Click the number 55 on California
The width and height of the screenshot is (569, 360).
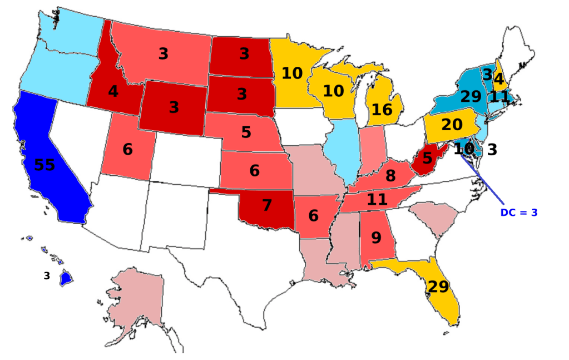[44, 165]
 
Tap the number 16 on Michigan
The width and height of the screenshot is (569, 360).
[382, 110]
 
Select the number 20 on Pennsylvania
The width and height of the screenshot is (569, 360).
[452, 125]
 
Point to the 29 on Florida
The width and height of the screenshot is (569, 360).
[438, 287]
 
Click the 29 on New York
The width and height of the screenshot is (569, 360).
[471, 96]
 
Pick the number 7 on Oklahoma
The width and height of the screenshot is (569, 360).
[267, 205]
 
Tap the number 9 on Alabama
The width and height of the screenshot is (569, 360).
[376, 238]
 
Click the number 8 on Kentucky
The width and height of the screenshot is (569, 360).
[390, 176]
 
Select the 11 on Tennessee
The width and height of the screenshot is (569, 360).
[377, 199]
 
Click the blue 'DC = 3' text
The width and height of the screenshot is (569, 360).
[519, 213]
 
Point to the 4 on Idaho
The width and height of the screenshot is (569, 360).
[113, 91]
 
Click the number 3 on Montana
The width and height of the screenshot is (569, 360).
[163, 54]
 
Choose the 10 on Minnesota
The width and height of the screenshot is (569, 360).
[292, 73]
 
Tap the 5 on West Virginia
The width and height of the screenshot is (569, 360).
[427, 159]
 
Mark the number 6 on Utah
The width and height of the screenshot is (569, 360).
[127, 149]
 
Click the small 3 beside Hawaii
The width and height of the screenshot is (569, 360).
[47, 275]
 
